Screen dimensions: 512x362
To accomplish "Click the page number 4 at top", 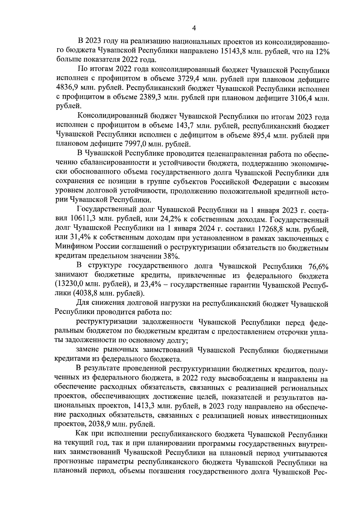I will [x=194, y=28].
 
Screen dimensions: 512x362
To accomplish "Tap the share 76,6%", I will [x=318, y=266].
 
